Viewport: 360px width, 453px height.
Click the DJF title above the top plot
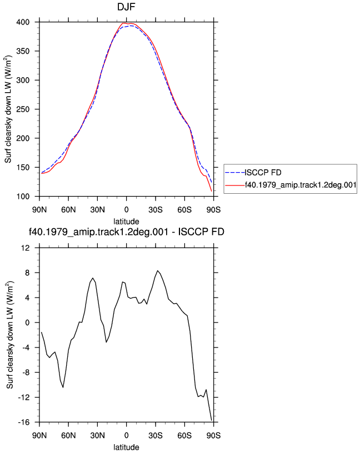(126, 7)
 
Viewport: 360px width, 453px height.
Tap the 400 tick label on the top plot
(23, 22)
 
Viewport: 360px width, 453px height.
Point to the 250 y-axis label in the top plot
(23, 109)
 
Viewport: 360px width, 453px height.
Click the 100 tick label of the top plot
(23, 197)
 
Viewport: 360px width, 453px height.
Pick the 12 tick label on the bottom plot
(26, 248)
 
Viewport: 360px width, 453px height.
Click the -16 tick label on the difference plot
(24, 422)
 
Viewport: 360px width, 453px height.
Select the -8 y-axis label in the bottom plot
(26, 373)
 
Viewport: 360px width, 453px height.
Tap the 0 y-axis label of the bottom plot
(27, 323)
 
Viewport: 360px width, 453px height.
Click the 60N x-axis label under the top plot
(68, 209)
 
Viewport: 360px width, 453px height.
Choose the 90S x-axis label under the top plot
(213, 209)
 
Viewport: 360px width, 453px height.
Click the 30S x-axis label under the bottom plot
(156, 435)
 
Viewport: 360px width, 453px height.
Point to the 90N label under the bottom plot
(39, 435)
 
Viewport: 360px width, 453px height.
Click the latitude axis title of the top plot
(126, 222)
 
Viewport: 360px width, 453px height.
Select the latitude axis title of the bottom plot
(126, 447)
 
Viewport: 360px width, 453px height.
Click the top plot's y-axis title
(8, 109)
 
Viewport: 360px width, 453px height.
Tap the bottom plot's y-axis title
(10, 335)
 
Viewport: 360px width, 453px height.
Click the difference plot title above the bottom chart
(126, 231)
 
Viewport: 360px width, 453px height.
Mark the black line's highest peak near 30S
(158, 271)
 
